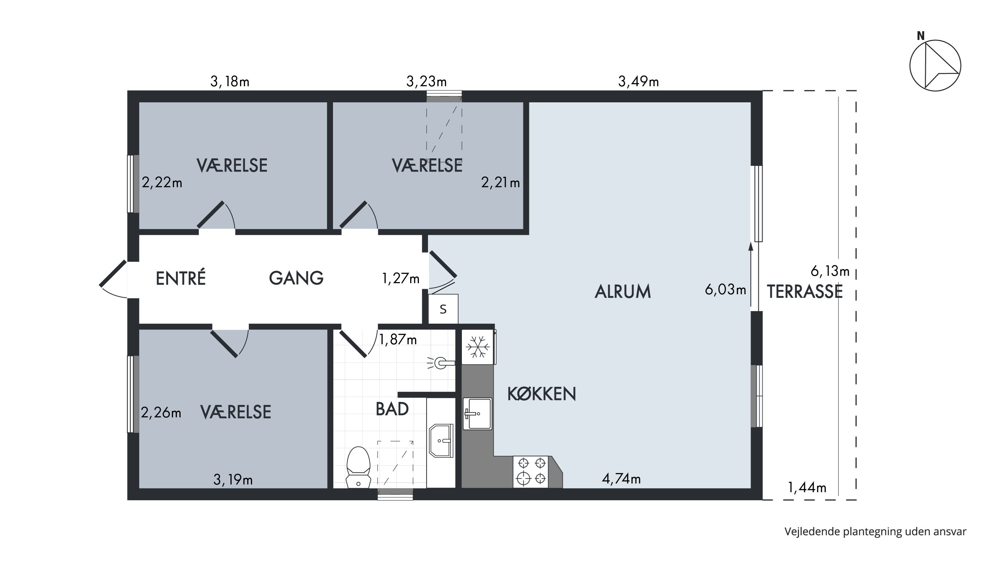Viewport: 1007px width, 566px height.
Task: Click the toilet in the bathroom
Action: pos(358,468)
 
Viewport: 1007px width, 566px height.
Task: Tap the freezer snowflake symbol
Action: pos(478,347)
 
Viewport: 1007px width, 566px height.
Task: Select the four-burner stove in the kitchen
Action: pos(532,471)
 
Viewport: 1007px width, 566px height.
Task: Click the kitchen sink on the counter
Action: pos(477,414)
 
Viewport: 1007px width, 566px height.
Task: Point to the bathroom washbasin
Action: pos(441,441)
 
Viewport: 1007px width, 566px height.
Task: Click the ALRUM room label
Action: pos(623,292)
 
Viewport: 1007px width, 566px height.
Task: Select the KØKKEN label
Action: pos(541,394)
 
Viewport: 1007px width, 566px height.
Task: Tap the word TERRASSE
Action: pos(805,292)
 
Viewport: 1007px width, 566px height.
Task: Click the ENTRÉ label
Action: pos(181,278)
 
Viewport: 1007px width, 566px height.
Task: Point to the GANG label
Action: pos(296,278)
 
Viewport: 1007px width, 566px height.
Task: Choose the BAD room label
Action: pos(392,409)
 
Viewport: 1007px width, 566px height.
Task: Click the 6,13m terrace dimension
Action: pos(830,271)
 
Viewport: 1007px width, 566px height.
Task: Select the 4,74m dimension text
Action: pos(621,478)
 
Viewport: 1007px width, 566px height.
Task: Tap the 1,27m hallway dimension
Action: pos(401,278)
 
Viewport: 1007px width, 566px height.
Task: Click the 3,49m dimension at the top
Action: pos(638,82)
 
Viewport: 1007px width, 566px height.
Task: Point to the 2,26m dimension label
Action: pos(161,412)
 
